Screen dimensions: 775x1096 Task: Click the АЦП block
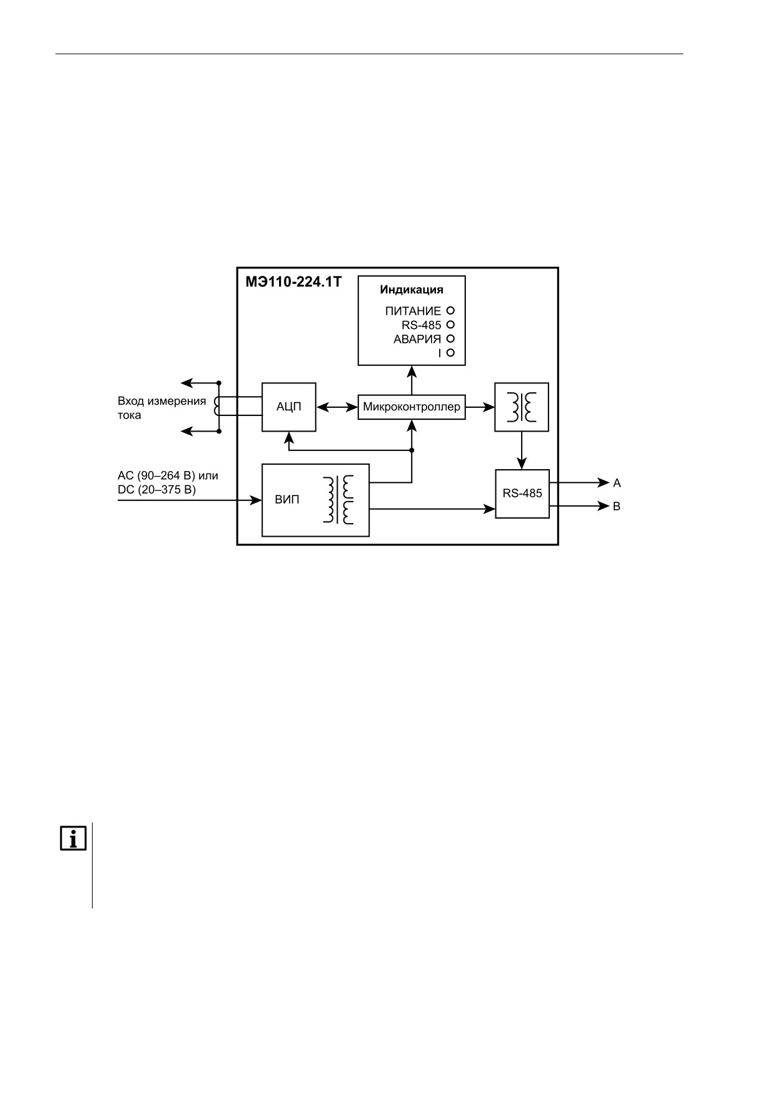click(288, 407)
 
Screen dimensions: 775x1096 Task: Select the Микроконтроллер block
click(412, 407)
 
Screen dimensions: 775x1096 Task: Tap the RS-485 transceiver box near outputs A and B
click(522, 494)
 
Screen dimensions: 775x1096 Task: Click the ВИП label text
click(287, 500)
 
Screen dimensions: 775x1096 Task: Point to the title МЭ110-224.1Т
click(293, 282)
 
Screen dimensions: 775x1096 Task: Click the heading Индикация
click(412, 290)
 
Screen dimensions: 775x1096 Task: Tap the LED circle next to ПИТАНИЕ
click(450, 310)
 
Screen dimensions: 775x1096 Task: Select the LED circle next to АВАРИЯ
click(450, 338)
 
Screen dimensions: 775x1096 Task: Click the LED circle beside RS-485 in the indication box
click(450, 325)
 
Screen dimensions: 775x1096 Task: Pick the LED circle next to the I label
click(450, 353)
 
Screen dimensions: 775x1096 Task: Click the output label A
click(617, 483)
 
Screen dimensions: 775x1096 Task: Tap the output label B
click(617, 506)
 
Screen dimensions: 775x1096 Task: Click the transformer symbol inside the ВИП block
click(338, 499)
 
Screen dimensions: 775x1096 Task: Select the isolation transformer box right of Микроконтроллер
click(522, 407)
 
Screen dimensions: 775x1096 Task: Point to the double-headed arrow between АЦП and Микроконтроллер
click(337, 407)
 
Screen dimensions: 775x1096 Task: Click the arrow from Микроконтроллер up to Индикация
click(412, 380)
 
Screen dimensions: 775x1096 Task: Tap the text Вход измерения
click(162, 401)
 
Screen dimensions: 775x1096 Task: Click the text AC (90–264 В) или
click(168, 475)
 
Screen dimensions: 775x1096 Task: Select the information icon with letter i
click(73, 838)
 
